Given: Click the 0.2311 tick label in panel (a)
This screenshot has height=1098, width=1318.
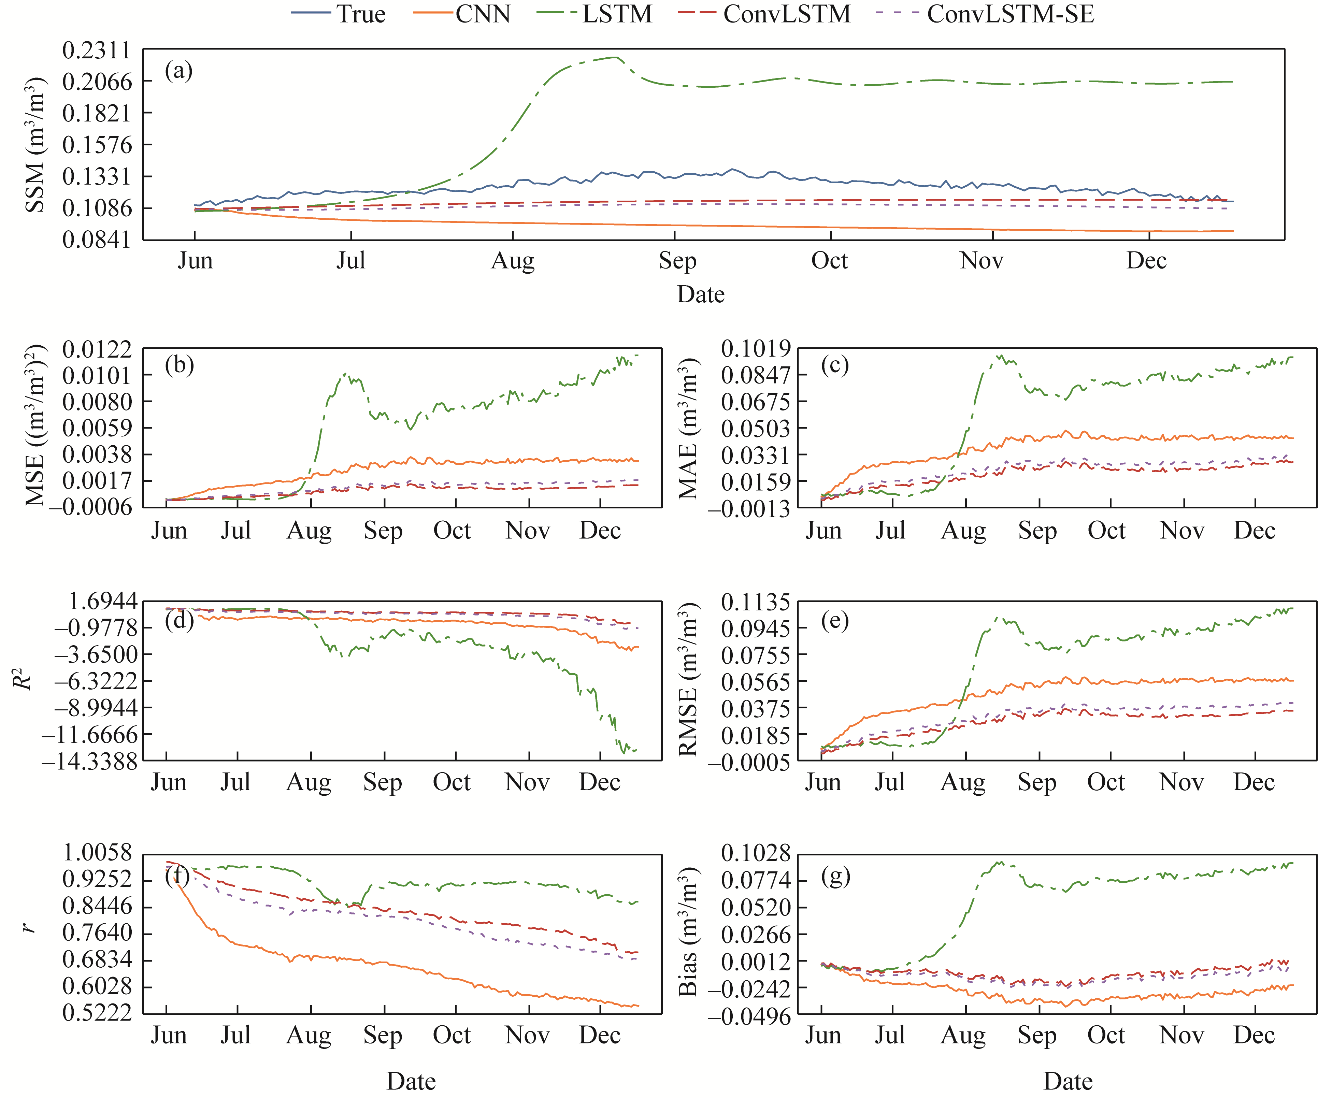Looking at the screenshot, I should tap(97, 50).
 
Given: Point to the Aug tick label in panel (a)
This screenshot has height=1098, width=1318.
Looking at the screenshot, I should tap(513, 260).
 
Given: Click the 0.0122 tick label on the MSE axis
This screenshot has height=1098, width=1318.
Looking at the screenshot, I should tap(97, 349).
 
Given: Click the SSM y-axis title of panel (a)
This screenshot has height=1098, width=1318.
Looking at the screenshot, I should tap(36, 144).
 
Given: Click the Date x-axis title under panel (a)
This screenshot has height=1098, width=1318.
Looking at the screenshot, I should tap(700, 294).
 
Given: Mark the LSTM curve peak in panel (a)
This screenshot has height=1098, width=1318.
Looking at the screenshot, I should tap(617, 58).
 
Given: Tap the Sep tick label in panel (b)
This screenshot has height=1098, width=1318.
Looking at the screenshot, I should tap(383, 531).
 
